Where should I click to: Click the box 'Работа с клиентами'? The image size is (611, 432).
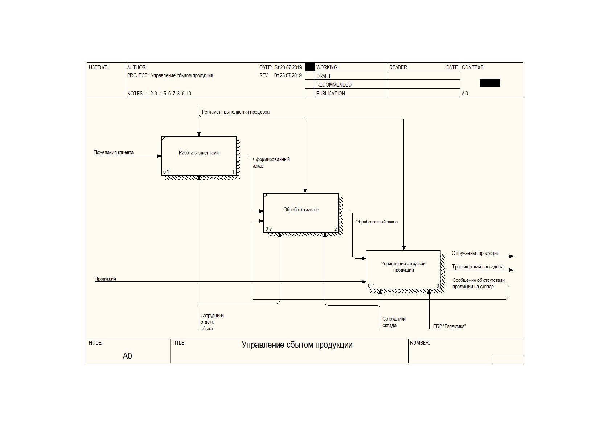199,156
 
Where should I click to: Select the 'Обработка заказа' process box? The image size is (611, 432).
301,213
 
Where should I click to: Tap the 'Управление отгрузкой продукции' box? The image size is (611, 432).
403,270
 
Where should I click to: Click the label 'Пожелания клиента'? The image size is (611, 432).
114,152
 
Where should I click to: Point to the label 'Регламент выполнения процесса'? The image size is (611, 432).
236,112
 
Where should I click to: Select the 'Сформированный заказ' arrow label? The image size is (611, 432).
271,162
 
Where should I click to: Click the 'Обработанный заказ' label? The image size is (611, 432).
376,222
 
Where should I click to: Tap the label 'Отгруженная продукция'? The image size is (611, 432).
475,254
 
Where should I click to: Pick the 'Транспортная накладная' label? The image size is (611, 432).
477,267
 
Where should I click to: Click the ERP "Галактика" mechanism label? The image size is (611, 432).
449,326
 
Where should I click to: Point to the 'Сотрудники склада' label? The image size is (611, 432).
394,322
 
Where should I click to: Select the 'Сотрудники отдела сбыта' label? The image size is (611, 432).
212,322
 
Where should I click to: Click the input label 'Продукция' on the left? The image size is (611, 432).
105,279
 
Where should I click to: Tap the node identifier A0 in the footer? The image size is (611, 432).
127,356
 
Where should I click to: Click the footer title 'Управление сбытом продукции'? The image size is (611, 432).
297,345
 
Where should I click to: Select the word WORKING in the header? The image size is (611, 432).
327,67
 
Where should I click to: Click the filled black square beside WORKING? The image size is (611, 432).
309,67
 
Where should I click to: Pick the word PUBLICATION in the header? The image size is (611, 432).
331,94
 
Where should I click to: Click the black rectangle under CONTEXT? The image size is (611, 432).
490,83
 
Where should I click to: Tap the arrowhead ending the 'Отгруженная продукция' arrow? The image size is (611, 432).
512,256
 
